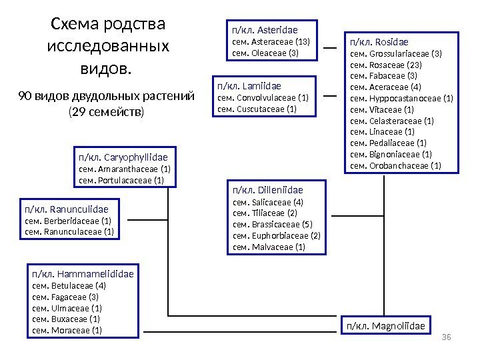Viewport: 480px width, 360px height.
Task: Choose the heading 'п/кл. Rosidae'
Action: click(379, 41)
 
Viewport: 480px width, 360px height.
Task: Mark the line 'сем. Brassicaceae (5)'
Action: click(272, 224)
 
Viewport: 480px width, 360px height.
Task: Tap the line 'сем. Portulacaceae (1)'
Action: click(121, 180)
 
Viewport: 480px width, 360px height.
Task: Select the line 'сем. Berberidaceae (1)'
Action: click(68, 221)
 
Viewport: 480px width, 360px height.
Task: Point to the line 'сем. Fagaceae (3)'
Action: click(65, 297)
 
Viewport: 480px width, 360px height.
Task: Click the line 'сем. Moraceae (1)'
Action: click(67, 330)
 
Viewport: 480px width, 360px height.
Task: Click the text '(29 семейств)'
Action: click(106, 111)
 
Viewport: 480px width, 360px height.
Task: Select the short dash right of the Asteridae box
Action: click(329, 49)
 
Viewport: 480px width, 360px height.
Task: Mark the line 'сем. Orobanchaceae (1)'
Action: click(395, 165)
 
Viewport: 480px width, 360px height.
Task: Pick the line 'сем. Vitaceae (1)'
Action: click(382, 109)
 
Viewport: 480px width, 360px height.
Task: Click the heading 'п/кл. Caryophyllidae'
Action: click(123, 157)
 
